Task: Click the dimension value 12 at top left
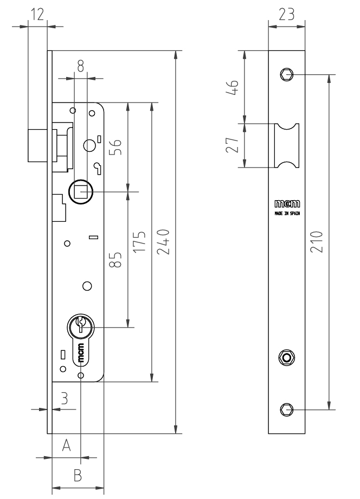[37, 15]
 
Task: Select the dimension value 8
[80, 66]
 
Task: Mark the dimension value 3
[64, 399]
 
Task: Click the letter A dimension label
[66, 445]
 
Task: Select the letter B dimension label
[77, 475]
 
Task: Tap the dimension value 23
[286, 15]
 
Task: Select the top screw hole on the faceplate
[286, 74]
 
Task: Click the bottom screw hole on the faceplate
[286, 409]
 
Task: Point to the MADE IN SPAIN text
[286, 214]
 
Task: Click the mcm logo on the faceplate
[286, 206]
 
